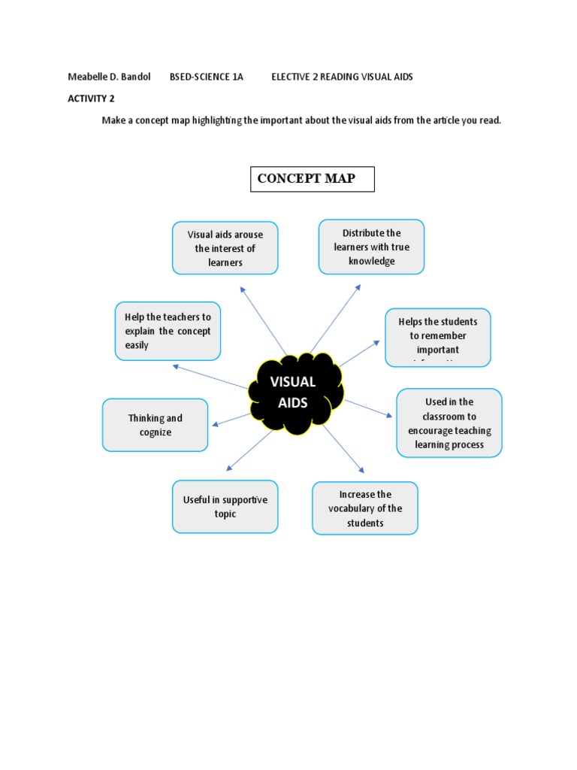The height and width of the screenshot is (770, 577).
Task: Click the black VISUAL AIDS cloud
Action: tap(300, 393)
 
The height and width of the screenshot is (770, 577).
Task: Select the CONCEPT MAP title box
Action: tap(312, 179)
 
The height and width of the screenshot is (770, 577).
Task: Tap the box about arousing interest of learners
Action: tap(225, 248)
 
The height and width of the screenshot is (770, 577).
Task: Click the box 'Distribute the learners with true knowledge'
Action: tap(371, 247)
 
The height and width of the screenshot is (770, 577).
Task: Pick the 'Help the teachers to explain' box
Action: tap(168, 332)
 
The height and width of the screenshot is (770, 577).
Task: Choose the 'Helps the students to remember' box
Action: tap(437, 337)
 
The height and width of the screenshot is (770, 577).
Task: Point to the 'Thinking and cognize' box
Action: tap(155, 425)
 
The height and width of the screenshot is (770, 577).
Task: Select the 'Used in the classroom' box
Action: tap(449, 423)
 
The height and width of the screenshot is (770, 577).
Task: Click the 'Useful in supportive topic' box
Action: tap(225, 507)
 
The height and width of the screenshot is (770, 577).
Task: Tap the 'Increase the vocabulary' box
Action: tap(364, 508)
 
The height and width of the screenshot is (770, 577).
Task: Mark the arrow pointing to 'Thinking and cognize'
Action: tap(232, 420)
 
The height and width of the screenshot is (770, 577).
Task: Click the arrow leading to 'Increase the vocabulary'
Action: tap(343, 449)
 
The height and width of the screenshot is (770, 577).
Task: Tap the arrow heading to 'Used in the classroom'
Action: tap(368, 408)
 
